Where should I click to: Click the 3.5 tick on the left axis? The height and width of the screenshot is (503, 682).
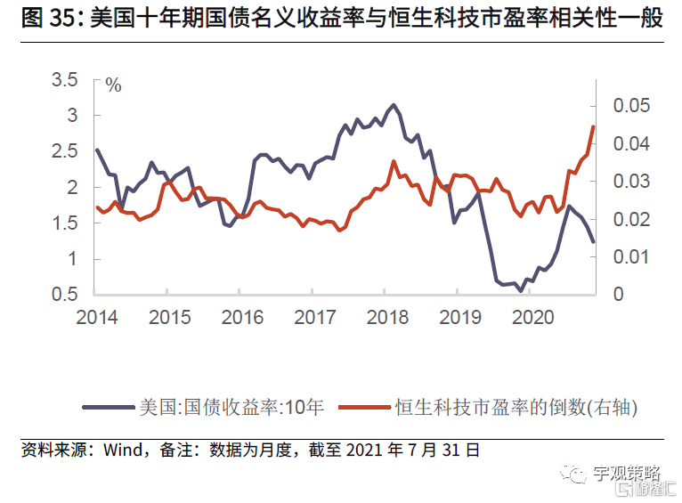click(x=65, y=80)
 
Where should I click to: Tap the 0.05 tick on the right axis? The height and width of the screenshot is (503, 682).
click(x=632, y=106)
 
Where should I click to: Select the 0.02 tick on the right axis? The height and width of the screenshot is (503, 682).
click(x=632, y=219)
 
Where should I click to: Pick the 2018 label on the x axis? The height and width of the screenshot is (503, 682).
click(x=386, y=317)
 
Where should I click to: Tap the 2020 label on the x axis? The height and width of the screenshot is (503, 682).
click(x=532, y=317)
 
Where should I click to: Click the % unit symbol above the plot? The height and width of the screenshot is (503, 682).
click(x=113, y=85)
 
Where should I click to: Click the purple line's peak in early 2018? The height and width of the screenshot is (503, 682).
click(x=394, y=105)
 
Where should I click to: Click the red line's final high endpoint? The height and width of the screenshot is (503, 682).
click(x=593, y=126)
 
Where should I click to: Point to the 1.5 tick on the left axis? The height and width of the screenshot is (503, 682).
click(x=65, y=223)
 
